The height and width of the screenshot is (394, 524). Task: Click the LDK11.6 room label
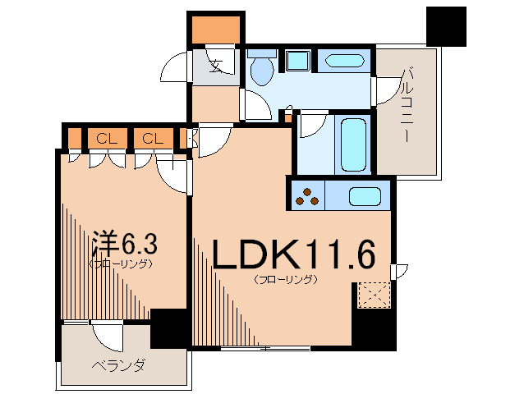coord(293,256)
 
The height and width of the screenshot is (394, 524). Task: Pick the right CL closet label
coord(151,138)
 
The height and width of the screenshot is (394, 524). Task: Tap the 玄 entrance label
coord(216,66)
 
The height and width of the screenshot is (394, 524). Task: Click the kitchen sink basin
coord(363,196)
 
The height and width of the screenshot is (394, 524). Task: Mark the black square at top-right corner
coord(445,25)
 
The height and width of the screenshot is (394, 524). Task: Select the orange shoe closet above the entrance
coord(216,30)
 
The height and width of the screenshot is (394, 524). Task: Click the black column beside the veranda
coord(169,328)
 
